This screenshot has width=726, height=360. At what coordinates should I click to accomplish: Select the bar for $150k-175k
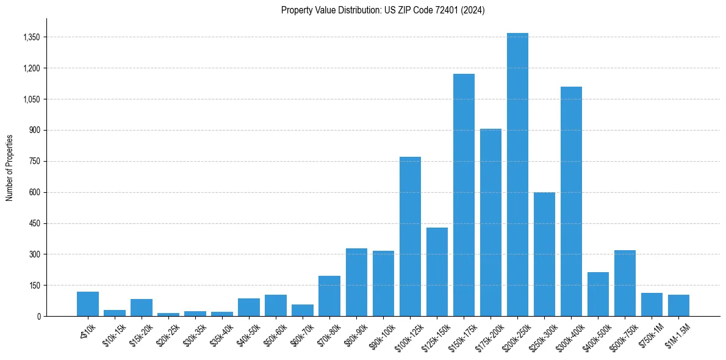pyautogui.click(x=464, y=195)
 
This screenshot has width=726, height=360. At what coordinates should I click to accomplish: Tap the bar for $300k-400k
pyautogui.click(x=571, y=201)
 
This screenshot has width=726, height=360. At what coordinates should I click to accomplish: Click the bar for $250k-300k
pyautogui.click(x=544, y=254)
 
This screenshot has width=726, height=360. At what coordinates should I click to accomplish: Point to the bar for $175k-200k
pyautogui.click(x=491, y=223)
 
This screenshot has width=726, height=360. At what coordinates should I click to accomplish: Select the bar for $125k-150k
pyautogui.click(x=437, y=272)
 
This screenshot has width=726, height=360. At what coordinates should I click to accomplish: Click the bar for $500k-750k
pyautogui.click(x=625, y=283)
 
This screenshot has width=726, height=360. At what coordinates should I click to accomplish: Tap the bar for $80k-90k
pyautogui.click(x=356, y=283)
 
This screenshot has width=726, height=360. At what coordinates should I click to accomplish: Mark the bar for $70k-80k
pyautogui.click(x=329, y=296)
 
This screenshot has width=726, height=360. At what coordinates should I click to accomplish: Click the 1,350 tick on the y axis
pyautogui.click(x=31, y=37)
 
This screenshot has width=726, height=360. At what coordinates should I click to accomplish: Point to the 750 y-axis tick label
pyautogui.click(x=34, y=161)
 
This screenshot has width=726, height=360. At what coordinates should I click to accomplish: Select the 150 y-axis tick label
pyautogui.click(x=34, y=285)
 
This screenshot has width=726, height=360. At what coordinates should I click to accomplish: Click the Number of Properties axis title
pyautogui.click(x=10, y=167)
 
